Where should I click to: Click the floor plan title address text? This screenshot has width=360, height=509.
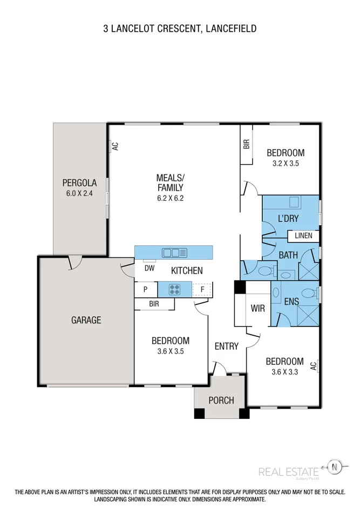180,28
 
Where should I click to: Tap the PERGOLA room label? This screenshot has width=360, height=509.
79,182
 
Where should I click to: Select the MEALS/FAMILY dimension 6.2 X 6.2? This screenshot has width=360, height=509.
171,198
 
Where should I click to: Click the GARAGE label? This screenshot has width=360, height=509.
86,320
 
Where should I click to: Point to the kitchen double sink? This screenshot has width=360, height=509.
174,252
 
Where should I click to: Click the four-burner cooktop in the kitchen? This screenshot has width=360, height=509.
175,289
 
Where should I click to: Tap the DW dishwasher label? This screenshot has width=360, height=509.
150,268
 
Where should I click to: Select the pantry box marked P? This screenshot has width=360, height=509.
146,289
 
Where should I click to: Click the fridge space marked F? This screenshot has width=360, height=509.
202,290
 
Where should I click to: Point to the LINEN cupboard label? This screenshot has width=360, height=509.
303,236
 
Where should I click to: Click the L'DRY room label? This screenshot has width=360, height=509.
288,219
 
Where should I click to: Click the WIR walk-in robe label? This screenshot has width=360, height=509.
258,308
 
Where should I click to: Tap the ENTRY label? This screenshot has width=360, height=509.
226,346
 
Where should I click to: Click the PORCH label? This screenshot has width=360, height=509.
221,400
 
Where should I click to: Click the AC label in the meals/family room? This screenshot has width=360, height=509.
114,146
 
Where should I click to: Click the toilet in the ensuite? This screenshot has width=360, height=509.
308,293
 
